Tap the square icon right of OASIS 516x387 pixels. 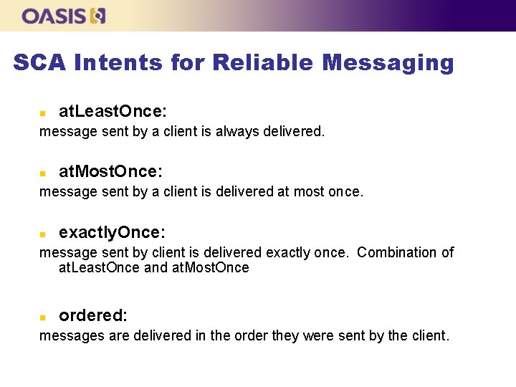coord(98,16)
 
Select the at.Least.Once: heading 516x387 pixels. coord(113,111)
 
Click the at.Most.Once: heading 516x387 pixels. coord(110,171)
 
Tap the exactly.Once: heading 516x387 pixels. coord(112,232)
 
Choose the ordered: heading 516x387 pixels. coord(93,315)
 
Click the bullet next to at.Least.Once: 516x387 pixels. coord(42,113)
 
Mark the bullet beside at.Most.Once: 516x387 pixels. coord(42,173)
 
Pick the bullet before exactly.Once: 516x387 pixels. coord(42,234)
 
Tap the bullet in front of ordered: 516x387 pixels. coord(42,316)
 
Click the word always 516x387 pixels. coord(235,132)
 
